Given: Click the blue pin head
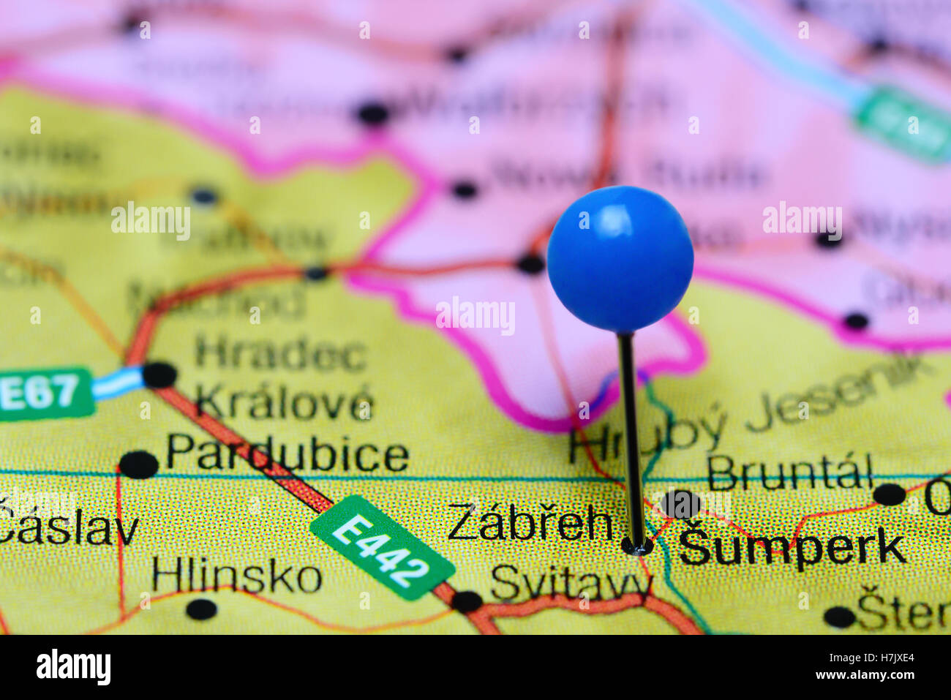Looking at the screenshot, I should [x=620, y=258].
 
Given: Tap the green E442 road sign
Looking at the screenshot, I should [x=381, y=548].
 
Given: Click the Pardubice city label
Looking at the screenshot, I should [x=287, y=454].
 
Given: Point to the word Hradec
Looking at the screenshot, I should [x=280, y=355].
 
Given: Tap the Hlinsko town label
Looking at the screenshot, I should [x=236, y=577].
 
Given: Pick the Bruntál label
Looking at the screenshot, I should [x=789, y=473].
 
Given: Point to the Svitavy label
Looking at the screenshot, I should [x=571, y=584].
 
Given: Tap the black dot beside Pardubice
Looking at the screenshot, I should [x=138, y=464].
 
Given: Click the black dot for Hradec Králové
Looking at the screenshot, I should [x=159, y=375].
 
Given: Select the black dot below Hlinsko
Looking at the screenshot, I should [x=201, y=609].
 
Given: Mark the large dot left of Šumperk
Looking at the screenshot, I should [x=681, y=504].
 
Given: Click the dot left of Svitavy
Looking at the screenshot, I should [x=466, y=601].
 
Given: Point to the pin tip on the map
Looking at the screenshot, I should [x=637, y=546].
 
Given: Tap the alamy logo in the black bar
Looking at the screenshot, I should [x=73, y=667].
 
